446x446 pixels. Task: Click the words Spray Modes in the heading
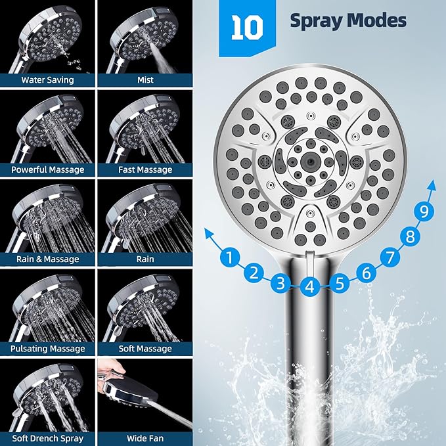click(x=348, y=21)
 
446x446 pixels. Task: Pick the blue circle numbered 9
click(x=426, y=212)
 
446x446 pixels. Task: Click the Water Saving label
click(x=47, y=80)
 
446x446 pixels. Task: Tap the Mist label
click(x=145, y=80)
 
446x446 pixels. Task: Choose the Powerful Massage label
click(x=47, y=169)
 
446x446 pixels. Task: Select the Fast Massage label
click(x=145, y=169)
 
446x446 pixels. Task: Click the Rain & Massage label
click(x=47, y=259)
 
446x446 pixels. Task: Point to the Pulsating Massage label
click(x=47, y=349)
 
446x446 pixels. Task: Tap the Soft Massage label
click(x=145, y=349)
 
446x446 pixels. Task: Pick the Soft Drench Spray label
click(x=47, y=437)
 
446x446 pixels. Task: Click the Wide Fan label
click(x=145, y=437)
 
